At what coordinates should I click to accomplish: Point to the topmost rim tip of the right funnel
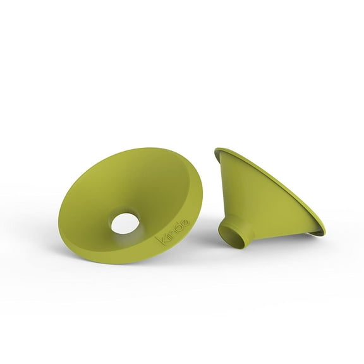click(x=217, y=150)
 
